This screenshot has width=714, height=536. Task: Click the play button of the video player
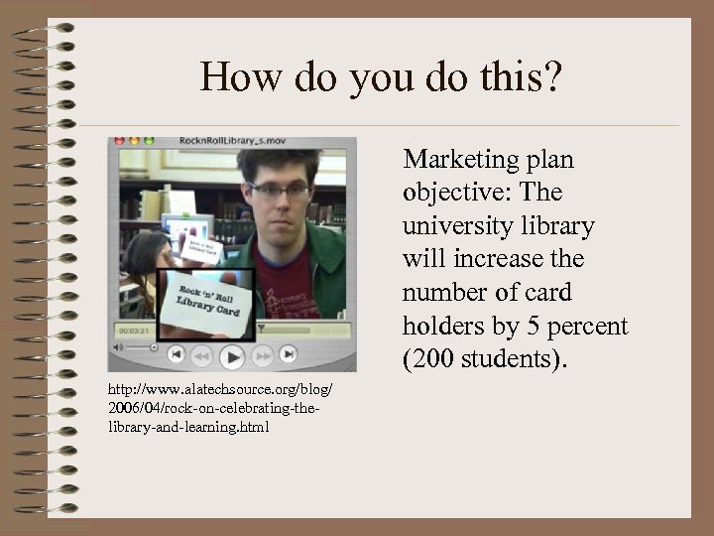click(232, 354)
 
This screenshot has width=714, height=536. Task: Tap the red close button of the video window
click(119, 142)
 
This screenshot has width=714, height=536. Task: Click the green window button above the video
click(149, 142)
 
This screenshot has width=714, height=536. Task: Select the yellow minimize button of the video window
click(134, 142)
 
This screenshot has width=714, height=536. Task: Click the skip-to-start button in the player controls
click(177, 353)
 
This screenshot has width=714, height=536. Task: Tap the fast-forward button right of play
click(262, 354)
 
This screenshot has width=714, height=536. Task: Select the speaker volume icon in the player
click(118, 348)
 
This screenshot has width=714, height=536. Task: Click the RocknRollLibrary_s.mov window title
click(232, 142)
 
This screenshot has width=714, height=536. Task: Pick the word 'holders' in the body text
click(443, 325)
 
